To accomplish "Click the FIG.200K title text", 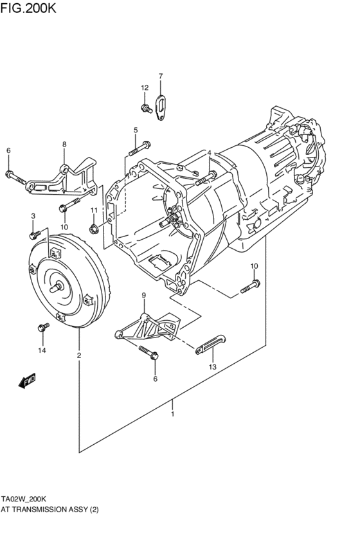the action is tap(28, 7).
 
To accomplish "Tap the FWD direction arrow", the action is tap(27, 381).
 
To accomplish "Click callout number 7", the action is tap(161, 76).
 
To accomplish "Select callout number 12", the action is tap(145, 87).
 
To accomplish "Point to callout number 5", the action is tap(136, 130).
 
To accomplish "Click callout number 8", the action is tap(64, 144).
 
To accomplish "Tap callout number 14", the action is tap(42, 350).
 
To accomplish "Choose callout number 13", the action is tap(212, 366).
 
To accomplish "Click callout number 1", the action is tap(172, 414).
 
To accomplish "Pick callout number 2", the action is tap(79, 355).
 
